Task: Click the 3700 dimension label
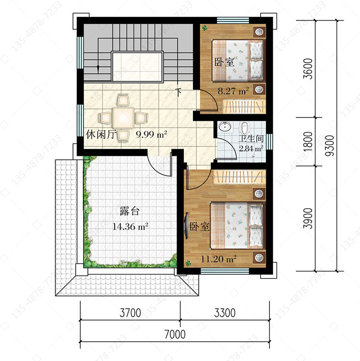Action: click(130, 313)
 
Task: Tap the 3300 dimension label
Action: click(225, 313)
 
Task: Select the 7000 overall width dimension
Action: click(175, 334)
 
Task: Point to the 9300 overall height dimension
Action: click(329, 146)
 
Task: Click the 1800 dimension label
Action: click(308, 141)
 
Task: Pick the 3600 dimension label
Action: click(308, 69)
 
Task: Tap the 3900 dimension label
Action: click(308, 219)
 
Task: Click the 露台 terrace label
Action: click(130, 211)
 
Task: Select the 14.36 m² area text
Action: click(130, 227)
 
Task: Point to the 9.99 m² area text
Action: click(151, 134)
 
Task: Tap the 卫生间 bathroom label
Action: click(251, 139)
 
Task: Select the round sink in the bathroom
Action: click(225, 126)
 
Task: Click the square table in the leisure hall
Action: click(123, 117)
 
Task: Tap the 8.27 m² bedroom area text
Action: click(233, 91)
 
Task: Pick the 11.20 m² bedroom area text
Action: click(218, 259)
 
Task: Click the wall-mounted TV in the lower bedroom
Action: click(186, 226)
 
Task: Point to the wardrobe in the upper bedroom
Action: click(244, 106)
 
